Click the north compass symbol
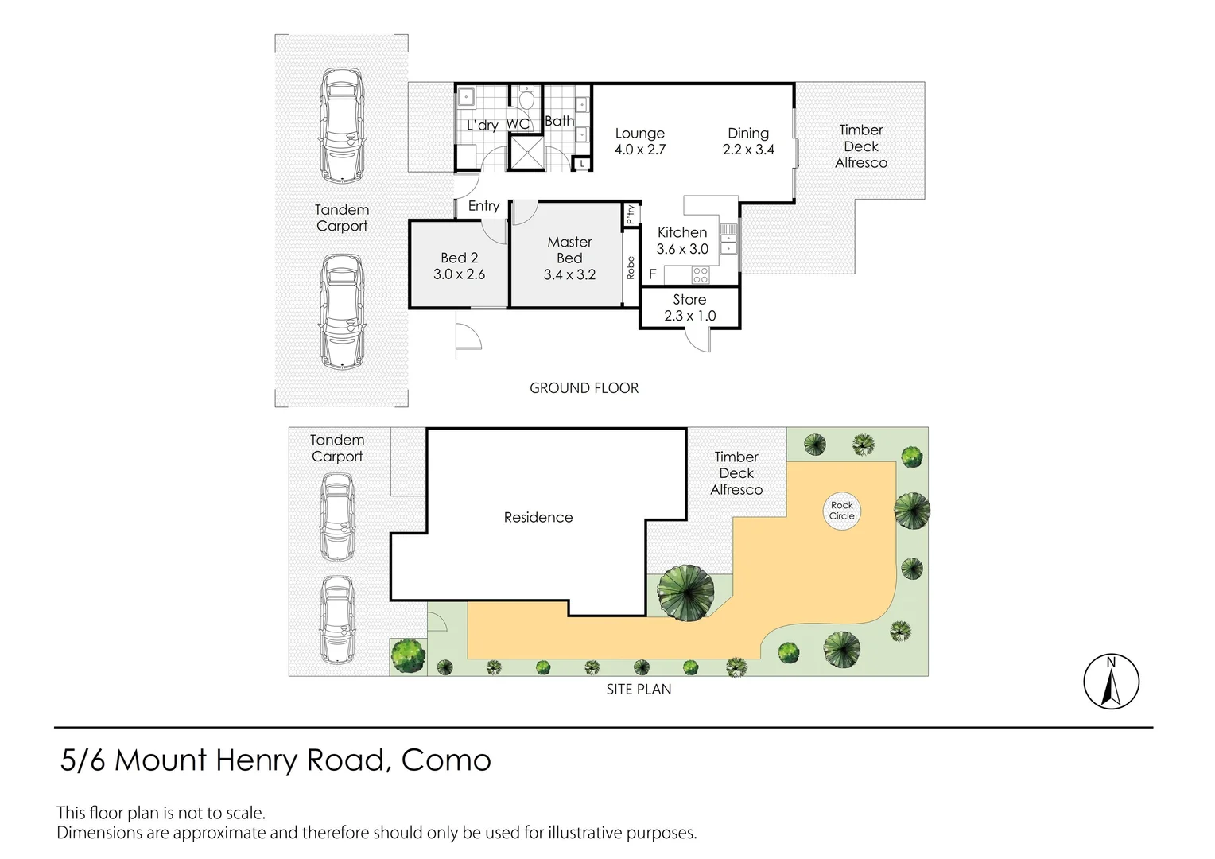(1111, 681)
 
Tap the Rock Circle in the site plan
(841, 511)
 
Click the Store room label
(689, 300)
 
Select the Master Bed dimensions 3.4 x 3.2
(569, 274)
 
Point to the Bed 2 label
(459, 258)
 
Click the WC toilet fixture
(526, 98)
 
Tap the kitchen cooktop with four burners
(701, 274)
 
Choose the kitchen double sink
(728, 239)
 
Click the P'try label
(631, 214)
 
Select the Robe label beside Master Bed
(631, 267)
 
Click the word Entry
(483, 206)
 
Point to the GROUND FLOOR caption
(584, 388)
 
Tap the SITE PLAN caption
(639, 689)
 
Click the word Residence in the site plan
(538, 517)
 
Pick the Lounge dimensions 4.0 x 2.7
(640, 150)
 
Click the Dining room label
(748, 134)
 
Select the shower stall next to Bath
(526, 153)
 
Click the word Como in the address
(446, 760)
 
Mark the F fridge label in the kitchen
(653, 274)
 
